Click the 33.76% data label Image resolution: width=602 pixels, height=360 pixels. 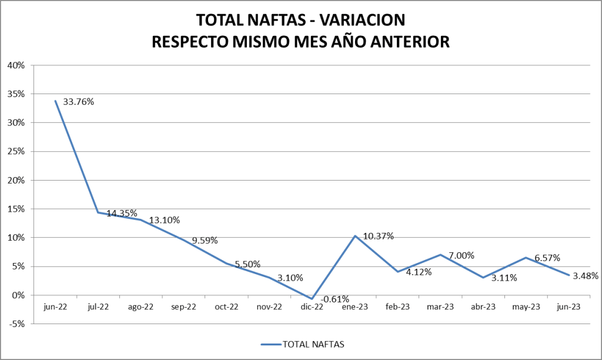click(x=79, y=102)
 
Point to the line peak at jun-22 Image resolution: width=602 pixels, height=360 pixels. click(x=55, y=101)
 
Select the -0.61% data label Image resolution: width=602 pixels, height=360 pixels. click(x=334, y=299)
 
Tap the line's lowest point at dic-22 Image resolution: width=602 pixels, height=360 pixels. click(x=312, y=299)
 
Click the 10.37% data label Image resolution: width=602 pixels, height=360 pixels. click(x=378, y=236)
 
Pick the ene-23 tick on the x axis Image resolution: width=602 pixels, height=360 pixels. click(x=355, y=306)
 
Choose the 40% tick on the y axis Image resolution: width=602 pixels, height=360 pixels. click(x=16, y=65)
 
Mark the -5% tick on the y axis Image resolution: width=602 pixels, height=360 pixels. click(x=16, y=324)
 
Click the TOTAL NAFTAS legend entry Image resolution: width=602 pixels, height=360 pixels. click(x=313, y=344)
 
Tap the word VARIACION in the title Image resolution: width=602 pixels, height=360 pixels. click(x=358, y=19)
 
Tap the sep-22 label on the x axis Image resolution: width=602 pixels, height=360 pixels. click(x=183, y=306)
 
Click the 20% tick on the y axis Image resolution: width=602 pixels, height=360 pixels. click(x=16, y=180)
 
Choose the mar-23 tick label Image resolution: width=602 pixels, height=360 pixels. click(x=440, y=306)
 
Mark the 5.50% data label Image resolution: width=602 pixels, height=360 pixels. click(x=248, y=265)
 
